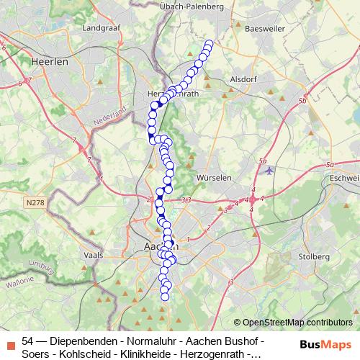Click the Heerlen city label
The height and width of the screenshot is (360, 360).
pyautogui.click(x=50, y=62)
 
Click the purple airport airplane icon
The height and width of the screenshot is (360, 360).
pyautogui.click(x=269, y=171)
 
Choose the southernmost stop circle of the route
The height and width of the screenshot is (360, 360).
pyautogui.click(x=165, y=296)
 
